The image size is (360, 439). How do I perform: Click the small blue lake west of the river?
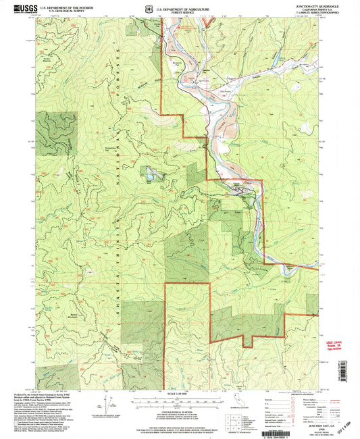tap(148, 177)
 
